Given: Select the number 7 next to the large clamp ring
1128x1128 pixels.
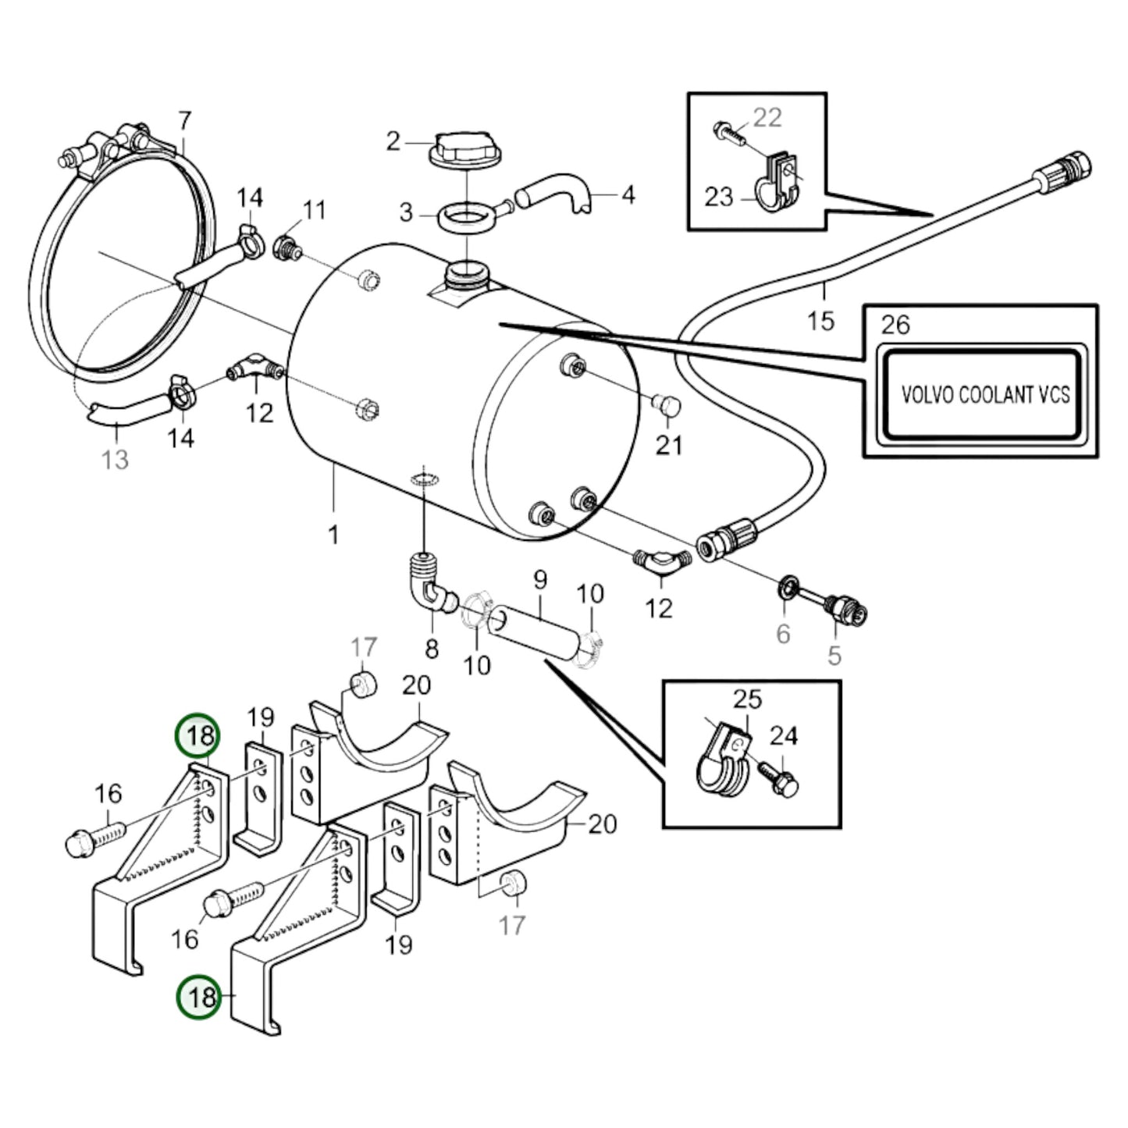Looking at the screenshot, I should [x=184, y=121].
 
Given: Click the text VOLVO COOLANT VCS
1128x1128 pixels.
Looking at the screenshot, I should [x=984, y=394].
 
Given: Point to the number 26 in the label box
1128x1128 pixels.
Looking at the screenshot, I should [x=895, y=325].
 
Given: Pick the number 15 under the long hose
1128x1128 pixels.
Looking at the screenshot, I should [x=820, y=320].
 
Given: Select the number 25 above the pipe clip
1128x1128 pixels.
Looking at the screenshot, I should [x=747, y=699].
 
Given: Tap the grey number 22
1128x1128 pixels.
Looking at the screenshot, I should [x=767, y=118].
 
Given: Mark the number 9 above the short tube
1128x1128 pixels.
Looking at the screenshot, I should [x=539, y=581].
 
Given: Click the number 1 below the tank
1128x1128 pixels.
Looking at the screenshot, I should [x=333, y=535].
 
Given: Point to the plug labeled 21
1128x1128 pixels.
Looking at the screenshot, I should [x=666, y=406].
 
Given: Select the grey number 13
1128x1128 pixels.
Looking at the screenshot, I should [x=115, y=460].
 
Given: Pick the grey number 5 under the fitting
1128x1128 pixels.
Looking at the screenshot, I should [x=834, y=656].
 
